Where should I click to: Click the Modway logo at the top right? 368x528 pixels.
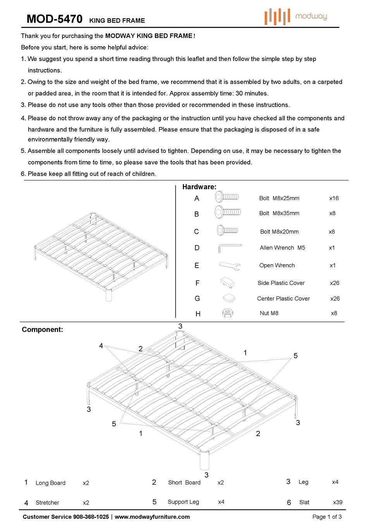click(x=296, y=16)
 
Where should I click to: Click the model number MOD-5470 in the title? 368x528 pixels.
click(x=54, y=19)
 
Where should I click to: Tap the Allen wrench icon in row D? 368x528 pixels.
click(x=230, y=248)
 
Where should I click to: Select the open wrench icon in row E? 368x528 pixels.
click(x=230, y=266)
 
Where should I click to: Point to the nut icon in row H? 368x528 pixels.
click(x=228, y=313)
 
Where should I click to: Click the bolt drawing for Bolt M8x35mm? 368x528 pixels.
click(x=228, y=212)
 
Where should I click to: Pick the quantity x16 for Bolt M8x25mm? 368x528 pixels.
click(x=334, y=198)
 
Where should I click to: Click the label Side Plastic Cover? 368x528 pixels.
click(x=281, y=283)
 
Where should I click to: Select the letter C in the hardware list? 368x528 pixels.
click(x=196, y=232)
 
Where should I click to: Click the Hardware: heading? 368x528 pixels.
click(x=199, y=187)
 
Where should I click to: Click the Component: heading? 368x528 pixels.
click(x=42, y=330)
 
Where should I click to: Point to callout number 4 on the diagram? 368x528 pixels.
click(x=101, y=346)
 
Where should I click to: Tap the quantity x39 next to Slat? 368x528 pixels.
click(x=337, y=502)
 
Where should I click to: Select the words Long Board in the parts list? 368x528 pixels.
click(x=50, y=483)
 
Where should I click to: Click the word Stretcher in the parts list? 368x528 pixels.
click(x=47, y=503)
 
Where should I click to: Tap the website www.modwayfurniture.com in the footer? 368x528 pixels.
click(x=152, y=517)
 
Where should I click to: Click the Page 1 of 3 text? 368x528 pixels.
click(x=327, y=517)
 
